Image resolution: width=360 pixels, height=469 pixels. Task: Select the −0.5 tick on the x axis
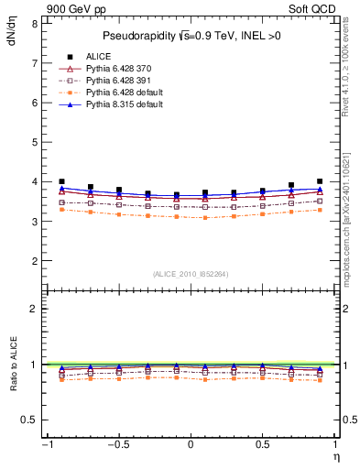tap(118, 444)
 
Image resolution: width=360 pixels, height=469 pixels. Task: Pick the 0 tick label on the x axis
tap(191, 444)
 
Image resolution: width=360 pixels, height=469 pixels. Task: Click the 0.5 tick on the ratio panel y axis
tap(28, 420)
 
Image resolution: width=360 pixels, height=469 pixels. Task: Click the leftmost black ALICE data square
tap(61, 181)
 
